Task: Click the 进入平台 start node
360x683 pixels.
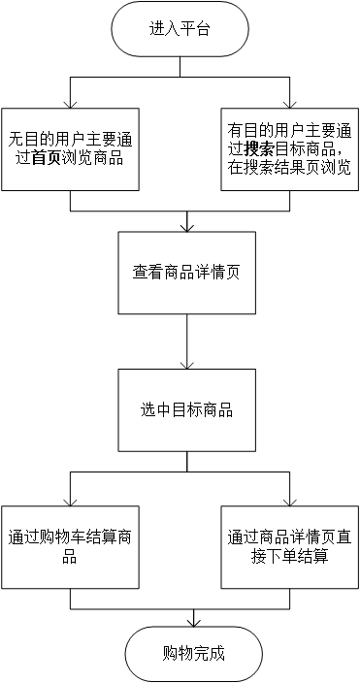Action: (x=180, y=29)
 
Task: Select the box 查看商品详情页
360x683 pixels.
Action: (x=186, y=273)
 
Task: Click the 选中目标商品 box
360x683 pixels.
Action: (x=186, y=410)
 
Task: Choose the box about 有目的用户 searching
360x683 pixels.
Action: (x=290, y=148)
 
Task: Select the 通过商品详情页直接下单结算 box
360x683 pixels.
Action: (x=290, y=546)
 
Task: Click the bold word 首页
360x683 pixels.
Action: (x=46, y=157)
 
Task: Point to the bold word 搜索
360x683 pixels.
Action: (x=259, y=148)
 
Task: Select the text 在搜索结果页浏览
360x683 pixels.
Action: (x=290, y=166)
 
